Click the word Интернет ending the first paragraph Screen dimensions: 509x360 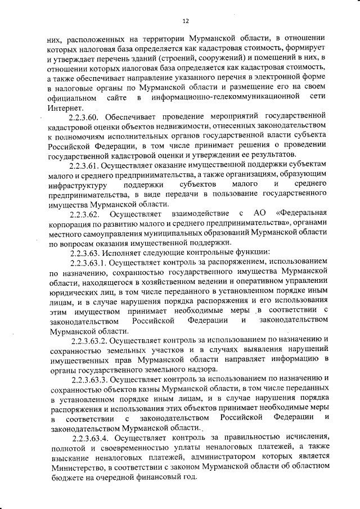(65, 107)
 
